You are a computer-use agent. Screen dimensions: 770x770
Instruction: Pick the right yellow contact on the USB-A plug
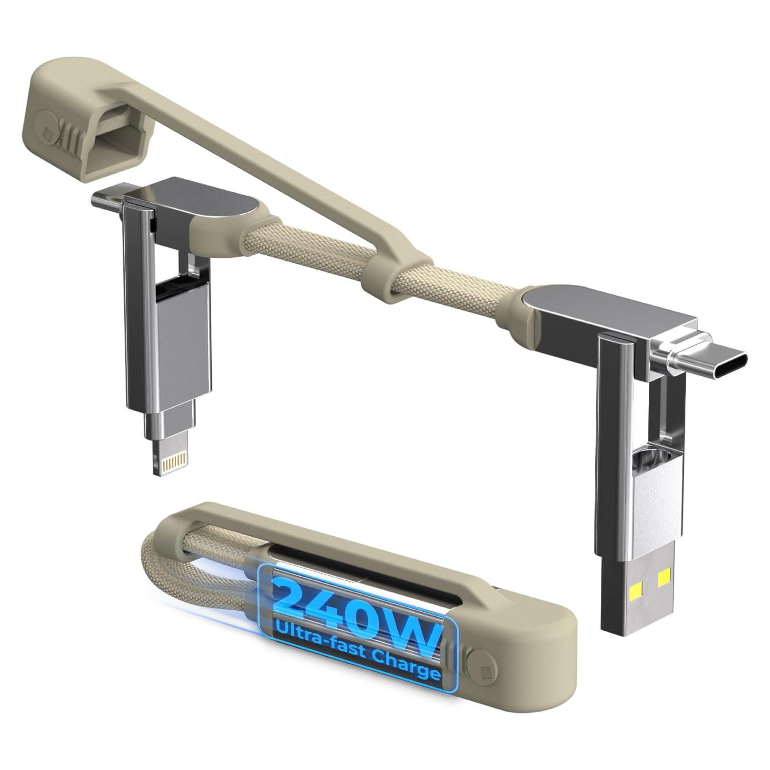(x=664, y=580)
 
